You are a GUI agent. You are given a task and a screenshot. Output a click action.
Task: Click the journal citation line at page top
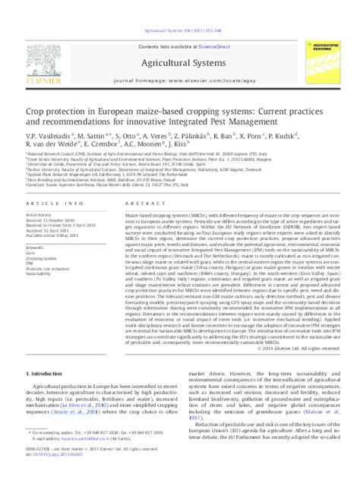(x=179, y=31)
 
